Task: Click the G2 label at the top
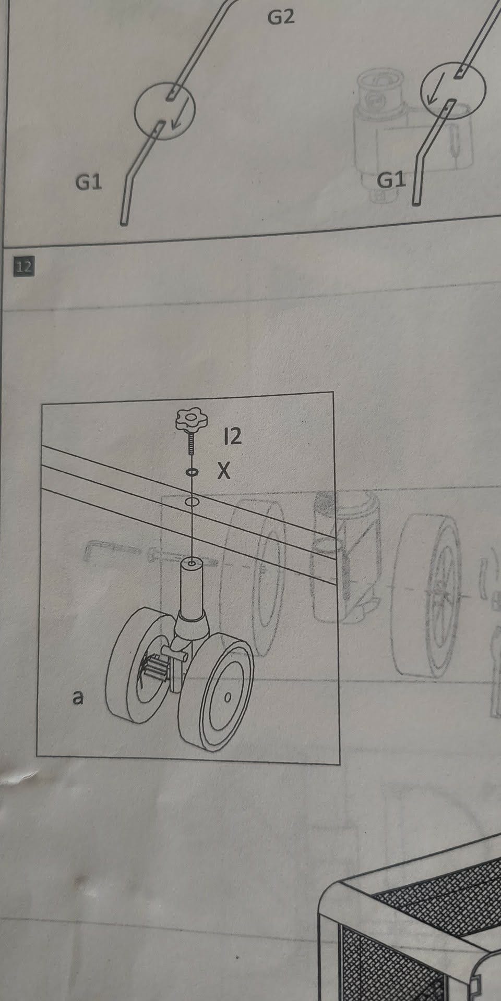pyautogui.click(x=281, y=18)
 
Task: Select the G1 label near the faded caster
pyautogui.click(x=391, y=180)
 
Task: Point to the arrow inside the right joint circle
pyautogui.click(x=433, y=89)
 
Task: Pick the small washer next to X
pyautogui.click(x=192, y=472)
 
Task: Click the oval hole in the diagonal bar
pyautogui.click(x=192, y=502)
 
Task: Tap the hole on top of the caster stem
pyautogui.click(x=193, y=564)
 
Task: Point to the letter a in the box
pyautogui.click(x=78, y=697)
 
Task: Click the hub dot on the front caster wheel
pyautogui.click(x=227, y=697)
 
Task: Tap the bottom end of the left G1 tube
pyautogui.click(x=124, y=224)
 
